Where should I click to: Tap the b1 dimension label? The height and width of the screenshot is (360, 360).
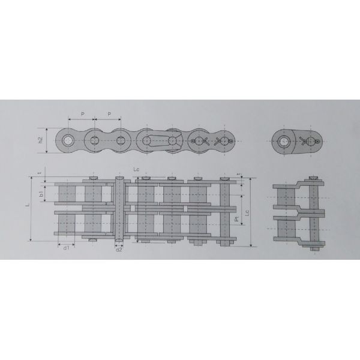click(x=40, y=195)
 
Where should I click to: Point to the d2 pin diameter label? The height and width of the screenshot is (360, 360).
click(x=118, y=250)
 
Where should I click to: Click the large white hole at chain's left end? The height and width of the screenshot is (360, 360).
click(x=67, y=142)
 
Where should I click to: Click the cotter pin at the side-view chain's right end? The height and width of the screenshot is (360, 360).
click(x=226, y=142)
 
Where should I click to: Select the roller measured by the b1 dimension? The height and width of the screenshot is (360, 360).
click(x=66, y=194)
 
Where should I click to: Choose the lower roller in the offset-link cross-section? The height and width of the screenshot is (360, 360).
click(x=286, y=229)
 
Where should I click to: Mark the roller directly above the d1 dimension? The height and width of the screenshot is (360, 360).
click(x=66, y=228)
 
